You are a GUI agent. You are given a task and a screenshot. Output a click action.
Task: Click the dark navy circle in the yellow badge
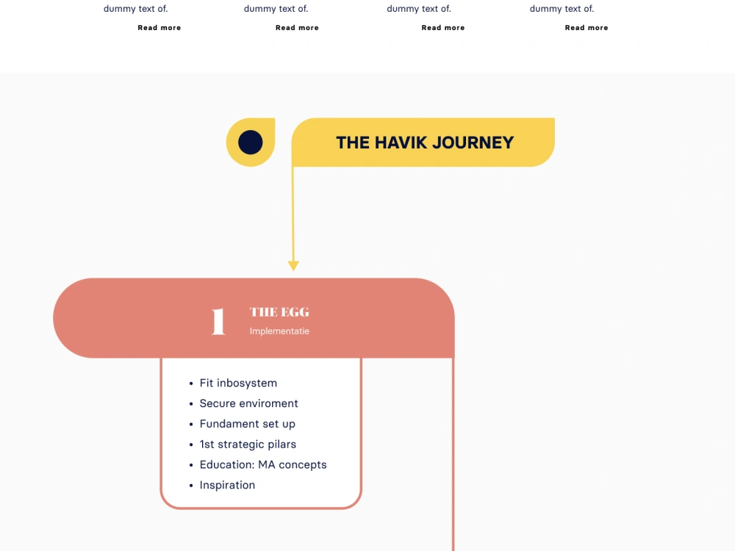pos(251,142)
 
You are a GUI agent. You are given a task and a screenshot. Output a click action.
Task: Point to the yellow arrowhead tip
pos(293,270)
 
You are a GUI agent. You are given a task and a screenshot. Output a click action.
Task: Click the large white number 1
pos(218,322)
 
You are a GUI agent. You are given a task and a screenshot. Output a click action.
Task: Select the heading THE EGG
pos(279,312)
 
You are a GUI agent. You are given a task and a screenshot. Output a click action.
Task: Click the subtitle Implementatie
pos(279,331)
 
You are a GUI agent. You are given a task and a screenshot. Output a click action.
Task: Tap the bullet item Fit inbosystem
pos(238,383)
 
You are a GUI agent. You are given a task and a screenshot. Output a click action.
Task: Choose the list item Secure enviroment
pos(249,403)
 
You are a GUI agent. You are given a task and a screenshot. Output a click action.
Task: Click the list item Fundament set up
pos(248,424)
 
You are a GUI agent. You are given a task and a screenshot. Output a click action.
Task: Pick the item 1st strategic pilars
pos(248,444)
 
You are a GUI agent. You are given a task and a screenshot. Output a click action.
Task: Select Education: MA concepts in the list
pos(263,465)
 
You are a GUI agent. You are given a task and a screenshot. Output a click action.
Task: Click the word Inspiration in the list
pos(227,485)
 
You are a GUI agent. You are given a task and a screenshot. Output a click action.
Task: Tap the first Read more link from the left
pos(159,28)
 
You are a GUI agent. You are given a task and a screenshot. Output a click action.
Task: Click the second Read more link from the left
pos(297,28)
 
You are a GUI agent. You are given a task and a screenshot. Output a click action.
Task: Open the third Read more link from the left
pos(443,28)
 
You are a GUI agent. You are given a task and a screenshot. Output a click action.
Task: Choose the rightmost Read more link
pos(587,28)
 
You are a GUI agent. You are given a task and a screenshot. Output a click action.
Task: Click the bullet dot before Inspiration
pos(191,486)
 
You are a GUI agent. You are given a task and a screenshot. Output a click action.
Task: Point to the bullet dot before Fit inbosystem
pos(191,383)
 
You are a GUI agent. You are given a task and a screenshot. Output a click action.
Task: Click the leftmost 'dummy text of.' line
pos(135,8)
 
